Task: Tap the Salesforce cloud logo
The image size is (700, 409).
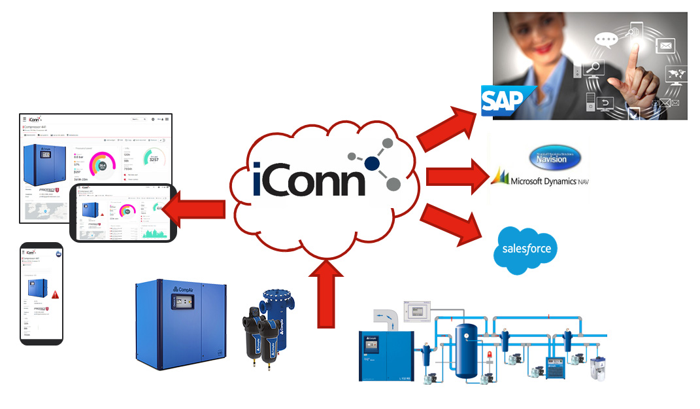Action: coord(527,249)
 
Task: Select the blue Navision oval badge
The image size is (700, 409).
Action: coord(555,158)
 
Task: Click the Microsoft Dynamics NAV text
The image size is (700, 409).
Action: coord(548,181)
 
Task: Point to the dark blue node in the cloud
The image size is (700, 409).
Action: coord(373,163)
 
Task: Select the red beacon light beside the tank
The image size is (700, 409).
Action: coord(489,357)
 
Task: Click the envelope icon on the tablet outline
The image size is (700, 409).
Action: coord(666,46)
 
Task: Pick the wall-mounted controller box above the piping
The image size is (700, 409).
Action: coord(415,311)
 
